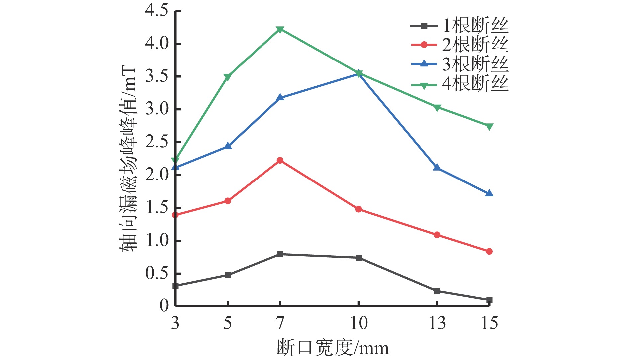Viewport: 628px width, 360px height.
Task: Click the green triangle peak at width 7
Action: click(280, 30)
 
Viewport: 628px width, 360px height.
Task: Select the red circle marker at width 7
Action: click(280, 160)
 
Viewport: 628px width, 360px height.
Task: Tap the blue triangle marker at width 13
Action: click(437, 168)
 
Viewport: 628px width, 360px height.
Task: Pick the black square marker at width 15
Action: click(489, 300)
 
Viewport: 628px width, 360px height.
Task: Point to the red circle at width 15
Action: click(489, 251)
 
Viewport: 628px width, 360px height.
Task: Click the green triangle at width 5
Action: click(228, 77)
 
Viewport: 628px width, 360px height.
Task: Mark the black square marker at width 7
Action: click(280, 254)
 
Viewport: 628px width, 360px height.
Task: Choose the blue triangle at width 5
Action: click(228, 146)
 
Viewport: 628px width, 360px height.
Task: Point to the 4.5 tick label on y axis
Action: click(157, 11)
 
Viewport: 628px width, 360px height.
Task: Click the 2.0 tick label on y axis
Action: click(157, 175)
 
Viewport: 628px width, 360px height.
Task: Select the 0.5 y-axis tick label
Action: click(157, 273)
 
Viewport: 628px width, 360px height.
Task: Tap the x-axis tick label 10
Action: click(359, 323)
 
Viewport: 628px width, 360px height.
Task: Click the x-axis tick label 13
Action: click(437, 323)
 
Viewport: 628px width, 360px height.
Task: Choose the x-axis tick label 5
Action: click(228, 323)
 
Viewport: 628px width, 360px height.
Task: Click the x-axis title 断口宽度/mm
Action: click(333, 348)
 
